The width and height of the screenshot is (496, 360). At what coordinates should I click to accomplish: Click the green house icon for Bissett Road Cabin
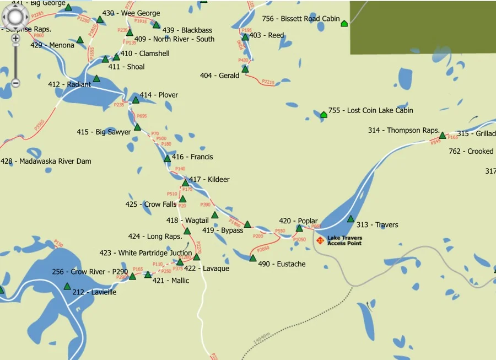pos(344,23)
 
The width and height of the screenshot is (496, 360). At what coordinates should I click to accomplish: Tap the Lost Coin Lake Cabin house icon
pos(324,115)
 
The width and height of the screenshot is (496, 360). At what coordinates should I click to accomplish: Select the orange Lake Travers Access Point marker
pos(320,240)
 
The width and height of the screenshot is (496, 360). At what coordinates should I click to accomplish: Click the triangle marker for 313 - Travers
pos(351,219)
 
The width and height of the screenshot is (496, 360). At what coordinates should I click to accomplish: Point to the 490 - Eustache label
pos(282,264)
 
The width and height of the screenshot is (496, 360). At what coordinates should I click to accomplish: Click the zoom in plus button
pos(15,39)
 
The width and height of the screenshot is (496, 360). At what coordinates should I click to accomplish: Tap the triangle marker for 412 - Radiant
pos(96,79)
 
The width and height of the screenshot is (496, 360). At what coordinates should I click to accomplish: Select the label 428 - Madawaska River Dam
pos(46,162)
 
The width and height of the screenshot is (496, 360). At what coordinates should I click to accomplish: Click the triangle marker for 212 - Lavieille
pos(67,286)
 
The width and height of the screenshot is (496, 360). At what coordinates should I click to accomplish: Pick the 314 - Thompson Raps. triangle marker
pos(442,135)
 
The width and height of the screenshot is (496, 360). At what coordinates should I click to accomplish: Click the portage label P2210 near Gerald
pos(267,82)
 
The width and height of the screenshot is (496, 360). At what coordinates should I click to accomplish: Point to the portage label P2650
pos(263,249)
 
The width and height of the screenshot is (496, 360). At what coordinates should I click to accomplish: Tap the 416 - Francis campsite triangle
pos(167,159)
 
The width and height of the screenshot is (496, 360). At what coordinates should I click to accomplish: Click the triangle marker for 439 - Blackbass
pos(156,25)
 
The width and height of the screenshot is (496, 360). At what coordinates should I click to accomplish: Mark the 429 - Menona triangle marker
pos(80,40)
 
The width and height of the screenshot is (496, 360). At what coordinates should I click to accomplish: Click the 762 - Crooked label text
pos(471,151)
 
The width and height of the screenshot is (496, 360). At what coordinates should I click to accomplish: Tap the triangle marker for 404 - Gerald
pos(245,69)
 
